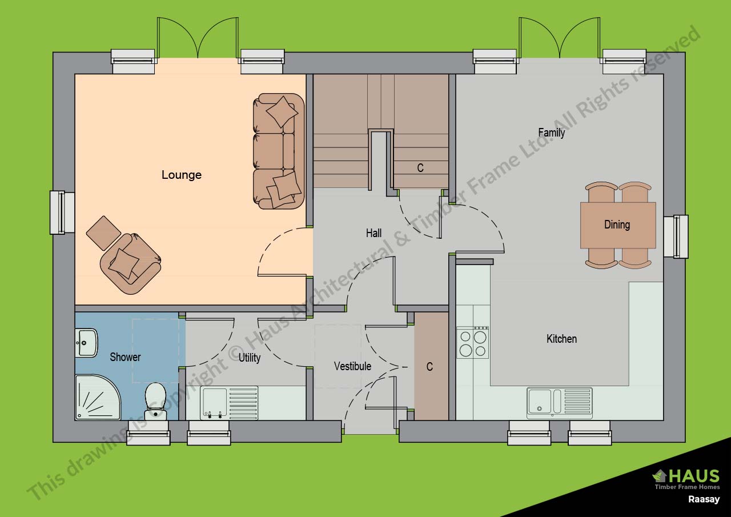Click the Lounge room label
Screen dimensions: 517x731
click(181, 175)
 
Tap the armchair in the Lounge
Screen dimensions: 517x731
click(130, 263)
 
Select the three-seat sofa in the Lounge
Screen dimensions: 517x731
click(278, 151)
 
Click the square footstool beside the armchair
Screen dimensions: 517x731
click(103, 233)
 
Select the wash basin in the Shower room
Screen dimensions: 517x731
click(86, 342)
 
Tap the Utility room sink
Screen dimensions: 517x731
click(228, 403)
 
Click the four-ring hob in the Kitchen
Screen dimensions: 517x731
click(473, 342)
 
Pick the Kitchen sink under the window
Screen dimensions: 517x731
click(559, 403)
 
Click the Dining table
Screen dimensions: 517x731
click(617, 225)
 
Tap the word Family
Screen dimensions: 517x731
click(551, 133)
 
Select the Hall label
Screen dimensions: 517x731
click(373, 233)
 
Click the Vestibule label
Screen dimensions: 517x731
click(352, 366)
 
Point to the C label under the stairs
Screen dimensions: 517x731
click(420, 168)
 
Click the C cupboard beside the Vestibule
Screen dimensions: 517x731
click(430, 367)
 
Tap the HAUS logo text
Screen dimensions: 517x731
click(692, 475)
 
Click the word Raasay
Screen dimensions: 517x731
click(704, 499)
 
